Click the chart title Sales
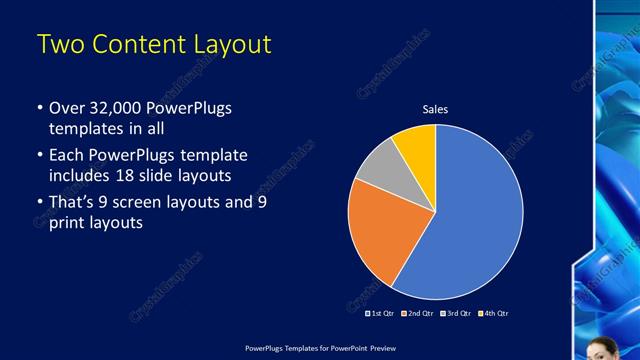(435, 109)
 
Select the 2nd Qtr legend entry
(418, 314)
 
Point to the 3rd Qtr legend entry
(456, 314)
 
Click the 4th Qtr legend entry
(494, 314)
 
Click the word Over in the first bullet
(66, 108)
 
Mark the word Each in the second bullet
(67, 156)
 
